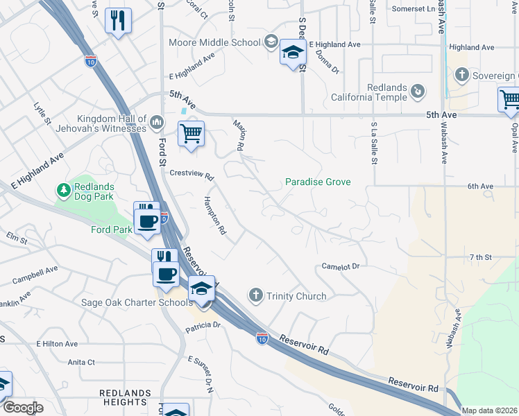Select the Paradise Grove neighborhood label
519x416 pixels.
(x=318, y=182)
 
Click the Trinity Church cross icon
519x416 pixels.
(x=256, y=296)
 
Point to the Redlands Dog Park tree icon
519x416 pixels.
(x=63, y=189)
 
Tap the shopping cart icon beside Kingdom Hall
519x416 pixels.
(x=191, y=132)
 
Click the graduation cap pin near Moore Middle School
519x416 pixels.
(x=293, y=53)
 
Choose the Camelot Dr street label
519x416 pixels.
(x=341, y=266)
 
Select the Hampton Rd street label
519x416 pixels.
(x=214, y=214)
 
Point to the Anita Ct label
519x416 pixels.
(x=81, y=362)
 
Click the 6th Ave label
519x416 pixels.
(x=480, y=187)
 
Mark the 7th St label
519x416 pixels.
(x=479, y=257)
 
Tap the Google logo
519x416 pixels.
(x=23, y=408)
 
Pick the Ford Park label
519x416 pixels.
(x=111, y=229)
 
